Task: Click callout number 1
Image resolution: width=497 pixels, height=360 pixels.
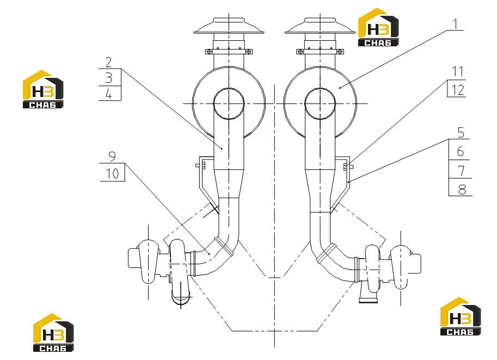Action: [x=456, y=24]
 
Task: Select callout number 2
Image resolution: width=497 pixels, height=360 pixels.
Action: [x=109, y=63]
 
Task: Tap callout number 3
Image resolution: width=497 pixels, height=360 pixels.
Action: [x=109, y=78]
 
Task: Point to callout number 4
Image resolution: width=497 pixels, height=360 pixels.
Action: [x=109, y=94]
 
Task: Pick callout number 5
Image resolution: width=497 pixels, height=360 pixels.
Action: [x=461, y=132]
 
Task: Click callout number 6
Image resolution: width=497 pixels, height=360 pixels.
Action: [x=461, y=151]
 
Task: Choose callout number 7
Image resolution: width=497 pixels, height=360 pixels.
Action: [x=462, y=171]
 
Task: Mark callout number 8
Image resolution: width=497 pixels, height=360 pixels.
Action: [x=462, y=190]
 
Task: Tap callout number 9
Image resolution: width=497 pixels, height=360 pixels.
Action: [x=112, y=156]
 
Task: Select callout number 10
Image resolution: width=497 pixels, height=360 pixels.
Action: [x=112, y=174]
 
